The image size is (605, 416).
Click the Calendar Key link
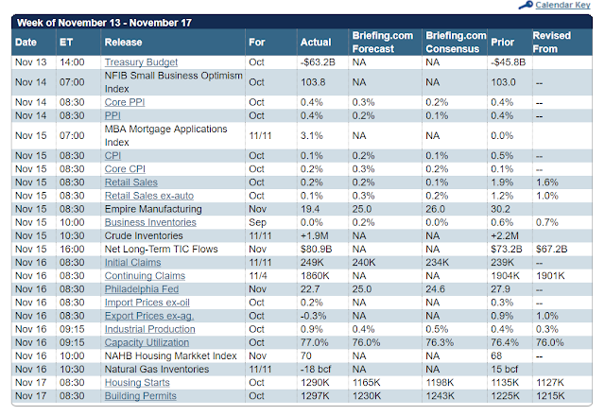pos(562,5)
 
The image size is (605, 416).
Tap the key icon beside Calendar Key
pos(526,5)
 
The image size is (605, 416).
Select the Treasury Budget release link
pos(141,62)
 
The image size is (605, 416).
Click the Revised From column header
pos(552,42)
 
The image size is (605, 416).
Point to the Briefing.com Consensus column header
pos(456,42)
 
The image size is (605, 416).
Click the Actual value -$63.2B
pos(318,62)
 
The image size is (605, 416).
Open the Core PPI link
pos(125,102)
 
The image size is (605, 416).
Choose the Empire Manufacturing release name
pos(153,209)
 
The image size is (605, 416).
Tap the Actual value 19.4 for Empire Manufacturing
pos(310,209)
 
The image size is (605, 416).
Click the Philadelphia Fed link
pos(142,289)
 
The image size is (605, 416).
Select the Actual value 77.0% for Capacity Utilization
pos(315,342)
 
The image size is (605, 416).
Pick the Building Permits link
pos(141,396)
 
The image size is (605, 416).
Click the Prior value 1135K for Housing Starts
pos(505,382)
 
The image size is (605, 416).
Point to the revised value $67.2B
pos(552,249)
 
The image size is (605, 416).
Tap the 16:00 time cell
pos(72,249)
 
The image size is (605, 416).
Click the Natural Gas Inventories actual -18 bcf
pos(316,370)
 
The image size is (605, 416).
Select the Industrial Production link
pos(149,329)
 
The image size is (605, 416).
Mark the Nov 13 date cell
pos(31,62)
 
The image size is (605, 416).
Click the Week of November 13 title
pos(104,23)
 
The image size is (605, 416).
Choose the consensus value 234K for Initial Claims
pos(438,263)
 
